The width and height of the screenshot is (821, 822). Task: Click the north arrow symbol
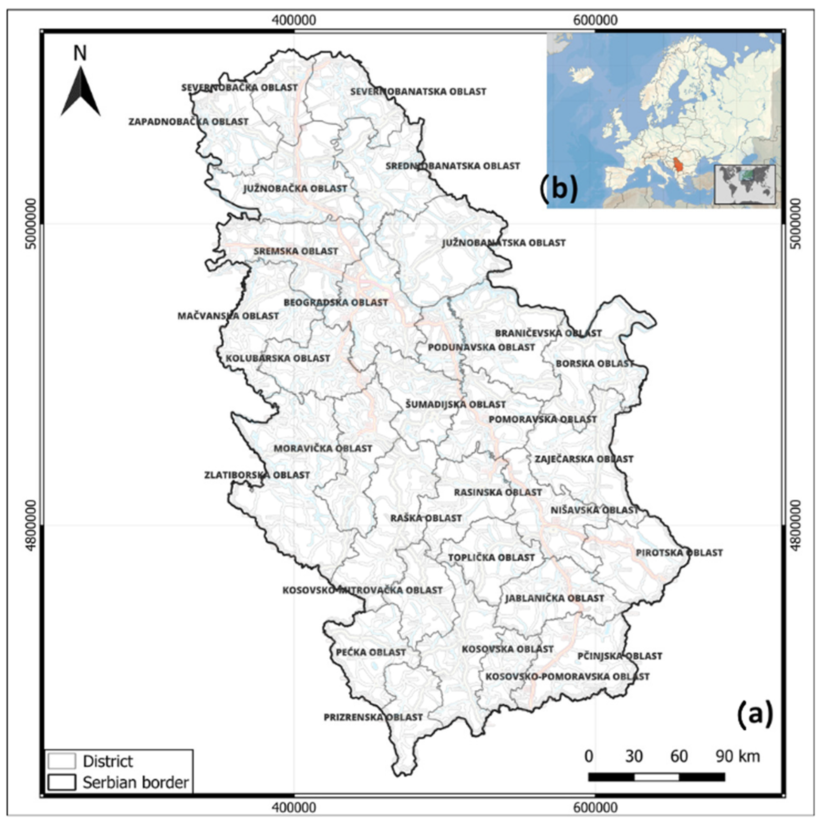tap(81, 91)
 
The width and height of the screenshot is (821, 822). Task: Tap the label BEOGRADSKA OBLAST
tap(336, 303)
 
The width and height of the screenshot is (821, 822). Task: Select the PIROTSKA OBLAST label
tap(679, 553)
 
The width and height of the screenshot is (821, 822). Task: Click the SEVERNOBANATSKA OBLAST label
tap(418, 91)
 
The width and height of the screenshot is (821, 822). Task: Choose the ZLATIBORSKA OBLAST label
tap(257, 475)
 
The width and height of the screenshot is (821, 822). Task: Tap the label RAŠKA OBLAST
tap(426, 518)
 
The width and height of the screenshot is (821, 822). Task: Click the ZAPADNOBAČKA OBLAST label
tap(189, 122)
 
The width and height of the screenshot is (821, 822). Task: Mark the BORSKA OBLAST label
tap(595, 364)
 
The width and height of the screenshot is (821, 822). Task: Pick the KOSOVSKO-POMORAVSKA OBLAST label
tap(568, 676)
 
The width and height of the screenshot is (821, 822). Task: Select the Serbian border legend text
tap(135, 782)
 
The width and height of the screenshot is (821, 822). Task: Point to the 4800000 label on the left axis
tap(31, 525)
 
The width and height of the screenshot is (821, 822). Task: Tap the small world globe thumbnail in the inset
tap(744, 185)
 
